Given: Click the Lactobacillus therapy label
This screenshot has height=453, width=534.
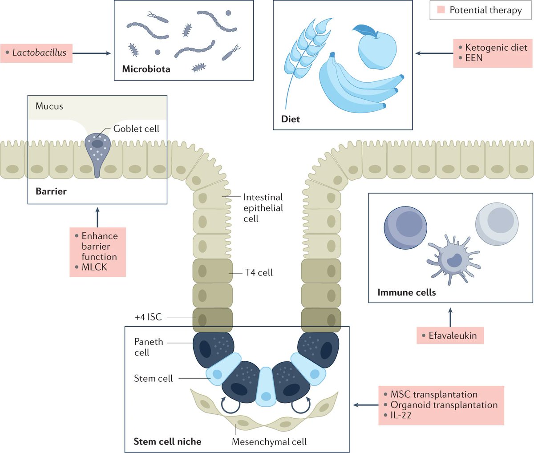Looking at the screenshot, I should coord(39,53).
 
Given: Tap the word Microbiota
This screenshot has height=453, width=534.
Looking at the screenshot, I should coord(146,69).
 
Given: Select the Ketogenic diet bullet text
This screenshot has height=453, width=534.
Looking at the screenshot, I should coord(496,48).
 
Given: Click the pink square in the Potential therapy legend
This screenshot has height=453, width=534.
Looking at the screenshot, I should coord(441,10).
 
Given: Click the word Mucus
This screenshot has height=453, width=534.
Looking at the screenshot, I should coord(49,106).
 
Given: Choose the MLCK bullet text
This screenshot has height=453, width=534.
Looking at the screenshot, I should coord(94,267).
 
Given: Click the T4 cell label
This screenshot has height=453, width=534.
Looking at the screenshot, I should coord(259,273).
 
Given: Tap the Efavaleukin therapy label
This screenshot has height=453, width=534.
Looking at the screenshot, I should coord(452,336).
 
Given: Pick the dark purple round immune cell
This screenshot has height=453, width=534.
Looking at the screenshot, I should coord(405,227).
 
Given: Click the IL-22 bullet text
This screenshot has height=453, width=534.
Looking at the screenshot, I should coord(400,416).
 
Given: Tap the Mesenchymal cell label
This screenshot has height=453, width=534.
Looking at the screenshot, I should coord(269,442).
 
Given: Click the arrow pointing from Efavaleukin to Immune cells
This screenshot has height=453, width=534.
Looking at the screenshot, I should coord(450,317).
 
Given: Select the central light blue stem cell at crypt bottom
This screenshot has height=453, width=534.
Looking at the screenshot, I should coord(266,387).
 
